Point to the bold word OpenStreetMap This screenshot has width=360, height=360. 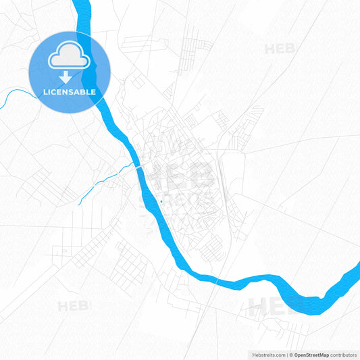(311, 355)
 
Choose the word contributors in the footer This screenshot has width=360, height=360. (343, 355)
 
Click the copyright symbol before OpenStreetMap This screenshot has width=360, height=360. (291, 355)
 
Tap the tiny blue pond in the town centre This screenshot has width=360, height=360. (161, 201)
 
